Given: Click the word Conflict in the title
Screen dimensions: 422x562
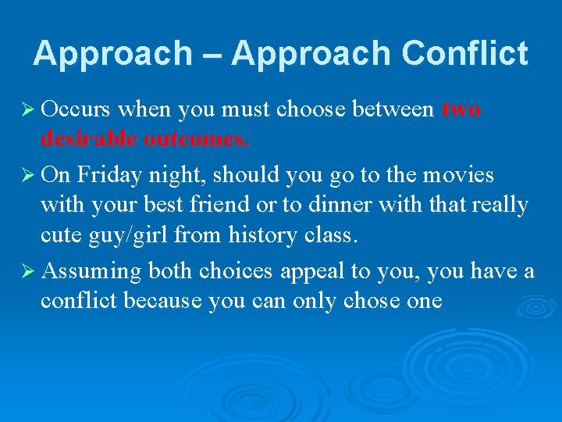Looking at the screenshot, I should coord(465,54).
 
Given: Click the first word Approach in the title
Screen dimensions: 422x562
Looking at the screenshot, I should coord(113,54).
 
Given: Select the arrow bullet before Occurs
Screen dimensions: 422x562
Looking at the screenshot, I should coord(25,109).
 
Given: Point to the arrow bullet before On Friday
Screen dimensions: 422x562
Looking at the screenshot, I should coord(25,175).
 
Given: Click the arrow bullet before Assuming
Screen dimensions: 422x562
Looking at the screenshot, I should coord(25,271).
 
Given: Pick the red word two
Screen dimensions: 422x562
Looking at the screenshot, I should coord(461,109).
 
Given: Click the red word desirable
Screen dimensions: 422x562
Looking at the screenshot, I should coord(89,139).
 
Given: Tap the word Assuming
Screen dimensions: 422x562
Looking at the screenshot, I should coord(91,272).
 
